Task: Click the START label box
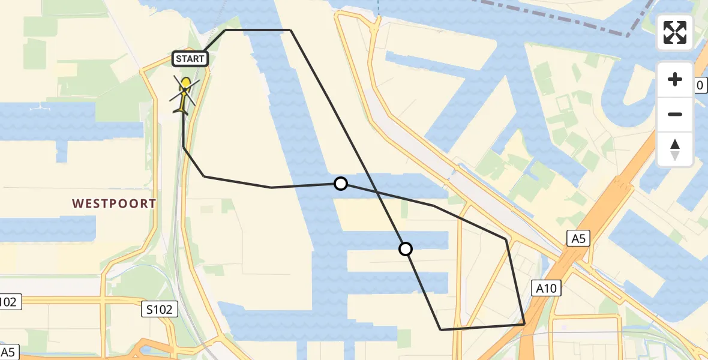[191, 59]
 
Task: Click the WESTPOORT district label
[114, 204]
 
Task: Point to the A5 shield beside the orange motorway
[577, 239]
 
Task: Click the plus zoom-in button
[675, 80]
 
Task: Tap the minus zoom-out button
[675, 114]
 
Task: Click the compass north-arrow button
[675, 149]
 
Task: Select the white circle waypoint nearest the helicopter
[341, 184]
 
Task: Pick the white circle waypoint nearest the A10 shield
[406, 248]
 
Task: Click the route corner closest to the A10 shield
[524, 324]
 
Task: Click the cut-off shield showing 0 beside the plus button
[700, 85]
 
